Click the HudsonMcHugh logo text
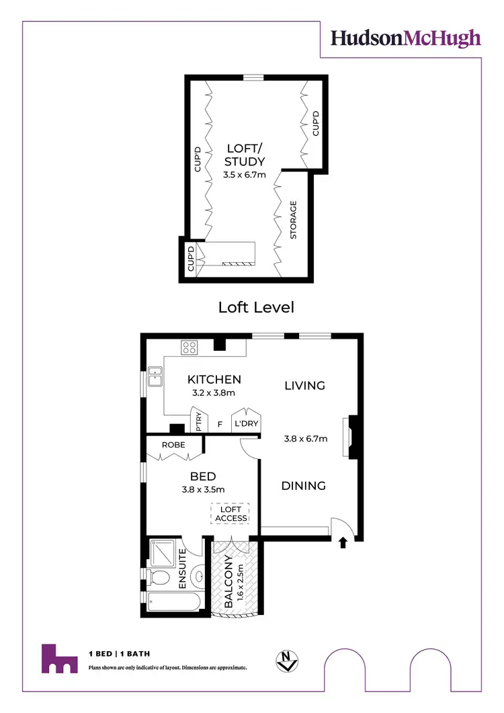coord(405,38)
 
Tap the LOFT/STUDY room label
coord(245,155)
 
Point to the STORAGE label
coord(293,220)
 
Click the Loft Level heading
coord(256,307)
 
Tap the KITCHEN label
coord(214,380)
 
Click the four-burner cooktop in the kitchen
coord(189,347)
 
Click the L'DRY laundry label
coord(245,424)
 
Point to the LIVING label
coord(304,385)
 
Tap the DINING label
coord(303,486)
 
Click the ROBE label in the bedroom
coord(173,445)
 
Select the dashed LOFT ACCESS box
coord(230,514)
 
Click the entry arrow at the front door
coord(343,542)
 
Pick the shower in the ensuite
coord(162,552)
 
